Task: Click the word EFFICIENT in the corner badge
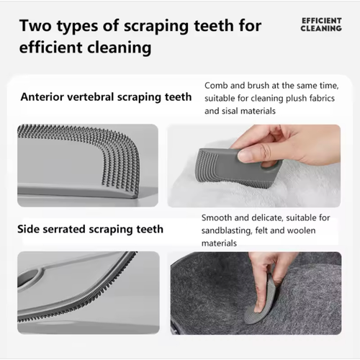[321, 21]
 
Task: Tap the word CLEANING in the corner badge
[321, 28]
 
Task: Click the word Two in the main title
[35, 25]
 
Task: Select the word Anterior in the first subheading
[42, 97]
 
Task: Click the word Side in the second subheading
[28, 229]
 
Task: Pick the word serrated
[64, 229]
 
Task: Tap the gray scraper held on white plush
[238, 167]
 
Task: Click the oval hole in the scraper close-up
[28, 278]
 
